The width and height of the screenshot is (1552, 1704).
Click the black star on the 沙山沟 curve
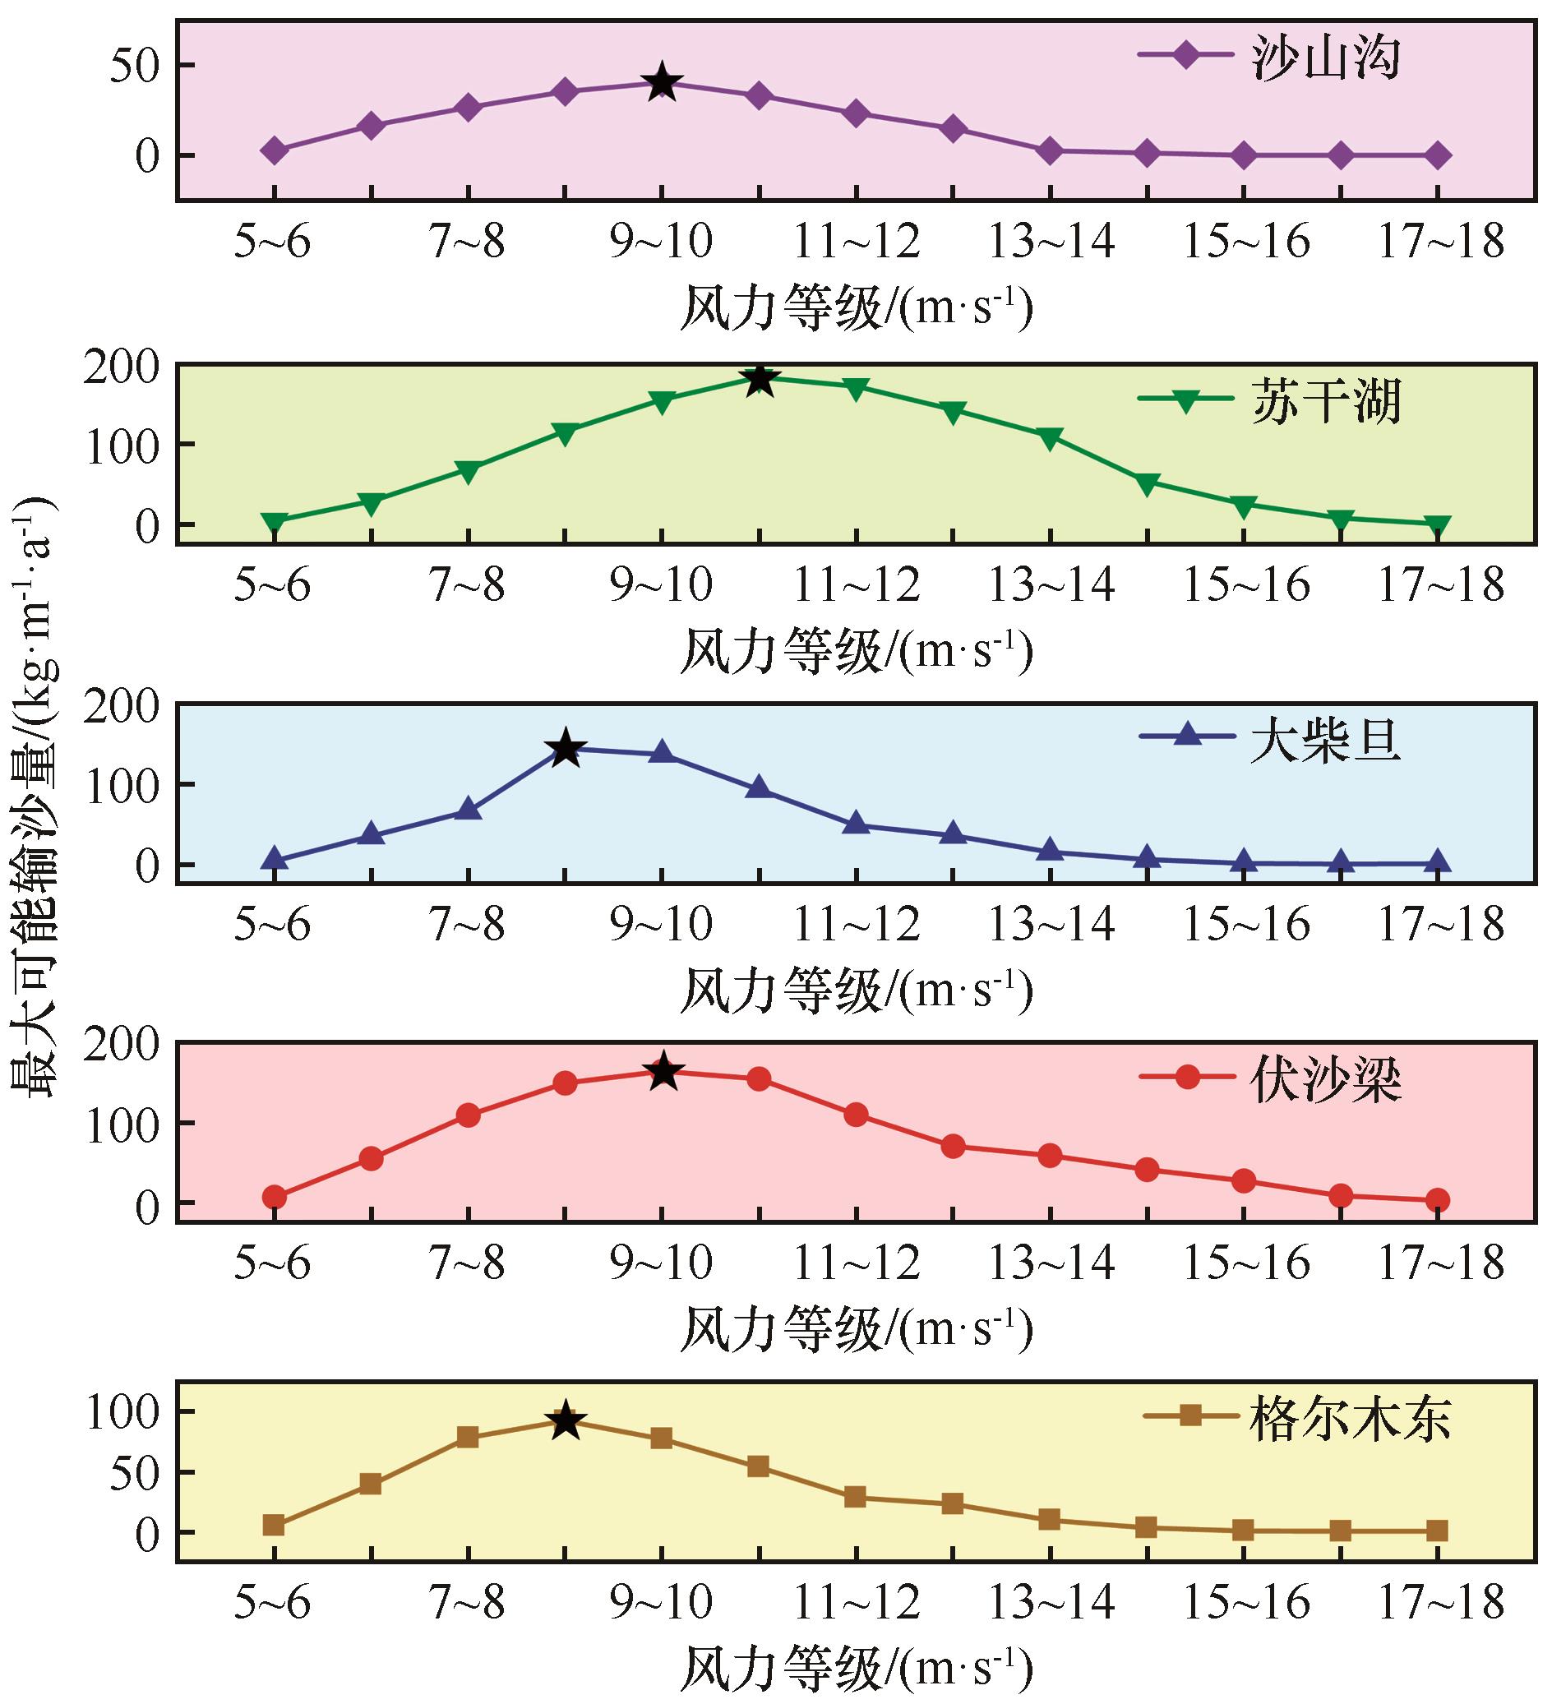click(663, 82)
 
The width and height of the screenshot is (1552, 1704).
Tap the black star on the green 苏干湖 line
click(760, 379)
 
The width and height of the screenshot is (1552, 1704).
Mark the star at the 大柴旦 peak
click(566, 748)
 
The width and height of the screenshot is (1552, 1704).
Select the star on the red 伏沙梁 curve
click(663, 1072)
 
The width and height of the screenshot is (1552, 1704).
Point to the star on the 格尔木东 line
click(566, 1422)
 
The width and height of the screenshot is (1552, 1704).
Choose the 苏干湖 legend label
click(1326, 400)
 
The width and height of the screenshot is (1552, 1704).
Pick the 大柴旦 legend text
click(1326, 741)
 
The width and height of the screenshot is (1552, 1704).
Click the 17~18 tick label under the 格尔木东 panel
click(1441, 1605)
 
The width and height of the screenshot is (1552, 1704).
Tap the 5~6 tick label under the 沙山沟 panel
click(272, 242)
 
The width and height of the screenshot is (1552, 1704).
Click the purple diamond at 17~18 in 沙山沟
click(1438, 155)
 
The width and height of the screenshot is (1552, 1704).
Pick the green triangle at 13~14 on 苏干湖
click(1050, 438)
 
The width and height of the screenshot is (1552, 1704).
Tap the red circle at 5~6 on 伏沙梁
click(274, 1197)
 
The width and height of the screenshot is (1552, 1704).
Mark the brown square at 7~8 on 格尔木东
click(468, 1438)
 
